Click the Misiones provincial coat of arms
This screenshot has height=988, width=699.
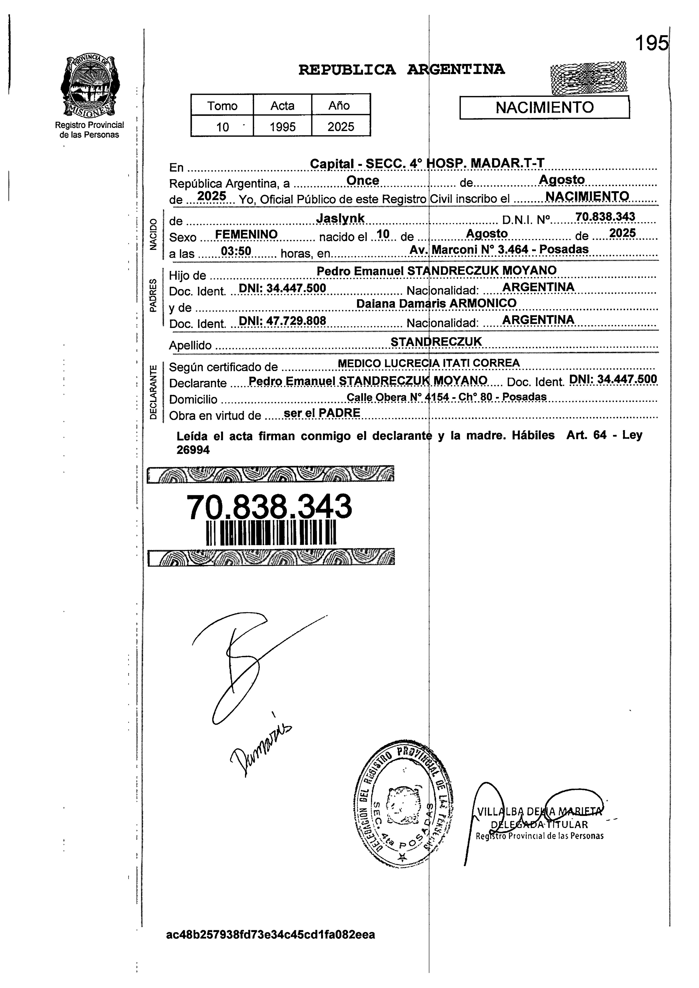click(x=90, y=86)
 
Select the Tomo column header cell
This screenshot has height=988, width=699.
click(x=222, y=105)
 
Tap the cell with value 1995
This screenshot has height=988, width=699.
click(x=283, y=126)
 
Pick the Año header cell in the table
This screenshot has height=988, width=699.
click(x=340, y=105)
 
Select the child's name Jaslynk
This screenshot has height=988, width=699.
click(x=340, y=219)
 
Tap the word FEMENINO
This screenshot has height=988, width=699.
click(x=246, y=235)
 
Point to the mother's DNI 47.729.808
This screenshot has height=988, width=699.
click(x=283, y=321)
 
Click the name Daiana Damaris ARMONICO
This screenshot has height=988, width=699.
click(x=436, y=303)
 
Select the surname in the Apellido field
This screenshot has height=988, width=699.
click(x=436, y=341)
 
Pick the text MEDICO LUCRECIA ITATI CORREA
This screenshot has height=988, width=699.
click(x=429, y=363)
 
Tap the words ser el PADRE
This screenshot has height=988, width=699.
click(x=322, y=413)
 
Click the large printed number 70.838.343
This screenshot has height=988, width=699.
click(x=269, y=507)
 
